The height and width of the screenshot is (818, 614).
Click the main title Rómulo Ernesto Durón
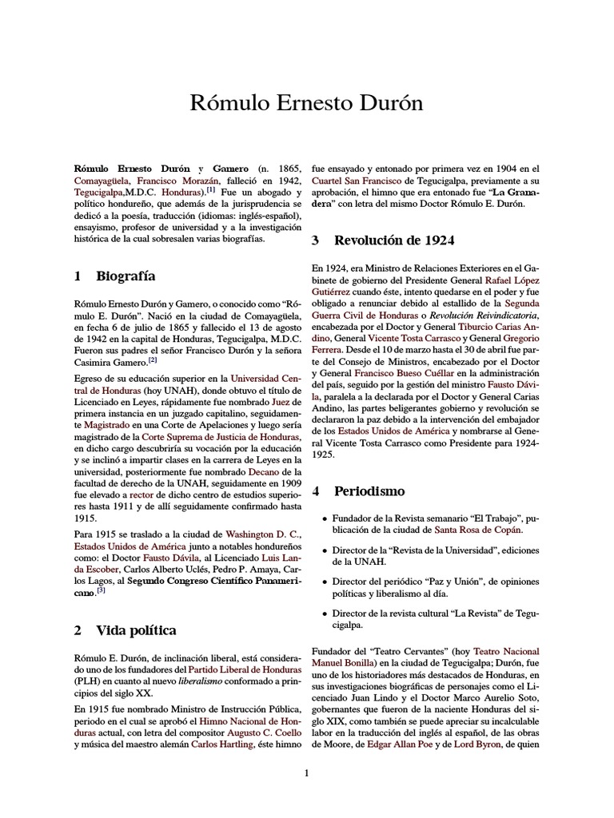pos(306,103)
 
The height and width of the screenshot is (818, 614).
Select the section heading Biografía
pos(125,276)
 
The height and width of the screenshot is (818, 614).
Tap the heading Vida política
pos(136,630)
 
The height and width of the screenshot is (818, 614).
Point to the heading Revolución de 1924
pos(389,240)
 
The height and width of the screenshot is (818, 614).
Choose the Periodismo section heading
pos(369,490)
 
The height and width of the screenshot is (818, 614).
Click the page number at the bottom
pos(306,772)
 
